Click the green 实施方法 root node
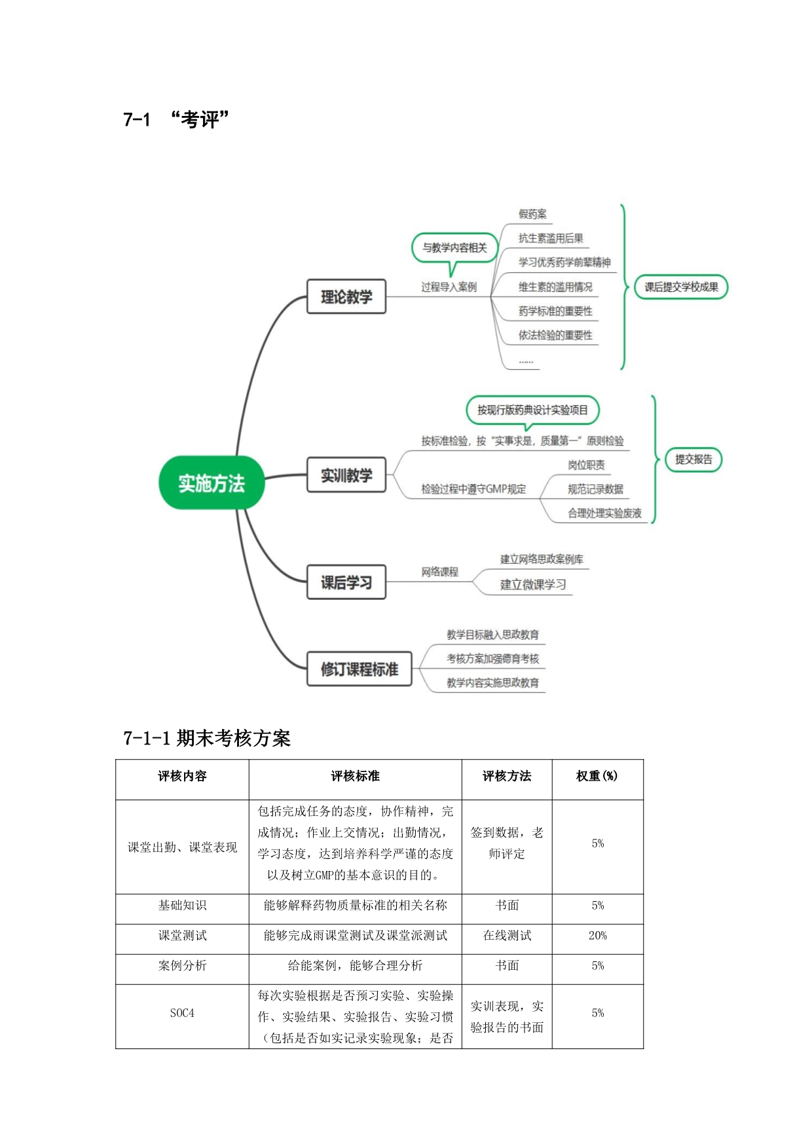pos(212,483)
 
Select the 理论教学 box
pos(346,297)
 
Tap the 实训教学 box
pos(346,475)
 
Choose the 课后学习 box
pos(346,582)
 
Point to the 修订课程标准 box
pos(360,669)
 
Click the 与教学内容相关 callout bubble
pos(454,248)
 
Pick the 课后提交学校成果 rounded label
pos(681,287)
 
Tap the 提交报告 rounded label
pos(693,459)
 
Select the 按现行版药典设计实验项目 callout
pos(532,410)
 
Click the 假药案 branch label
pos(532,214)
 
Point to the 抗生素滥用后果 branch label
pos(551,238)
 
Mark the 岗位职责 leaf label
pos(586,465)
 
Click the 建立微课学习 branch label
pos(533,584)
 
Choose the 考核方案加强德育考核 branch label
pos(493,658)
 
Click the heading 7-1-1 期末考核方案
pos(207,738)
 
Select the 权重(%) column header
pos(597,776)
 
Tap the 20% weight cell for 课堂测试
pos(598,935)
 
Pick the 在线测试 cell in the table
pos(507,935)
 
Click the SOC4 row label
pos(182,1012)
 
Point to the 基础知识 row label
pos(182,905)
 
